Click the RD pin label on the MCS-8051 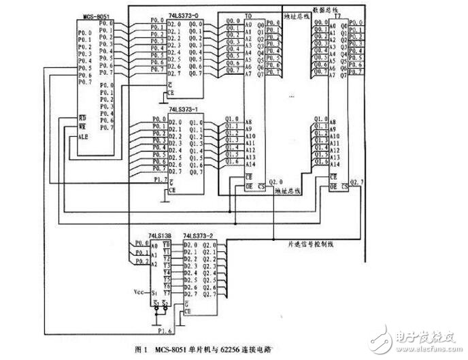[x=82, y=117]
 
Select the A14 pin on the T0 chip [x=250, y=164]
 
